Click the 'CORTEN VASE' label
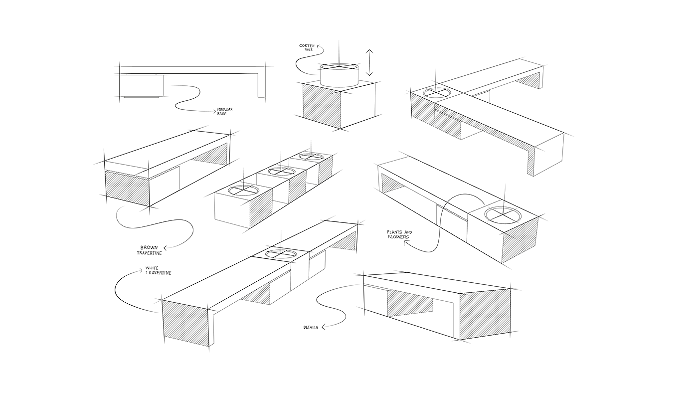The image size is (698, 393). [307, 48]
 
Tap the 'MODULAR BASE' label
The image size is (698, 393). [225, 111]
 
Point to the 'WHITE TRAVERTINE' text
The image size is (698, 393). [158, 270]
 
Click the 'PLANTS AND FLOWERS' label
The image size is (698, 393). [399, 234]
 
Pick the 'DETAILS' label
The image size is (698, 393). [311, 328]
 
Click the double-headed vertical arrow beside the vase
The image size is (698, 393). [369, 63]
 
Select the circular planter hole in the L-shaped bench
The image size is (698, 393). [437, 92]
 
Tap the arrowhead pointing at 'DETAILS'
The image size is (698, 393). [323, 327]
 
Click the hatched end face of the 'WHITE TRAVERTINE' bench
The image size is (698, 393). [185, 325]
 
